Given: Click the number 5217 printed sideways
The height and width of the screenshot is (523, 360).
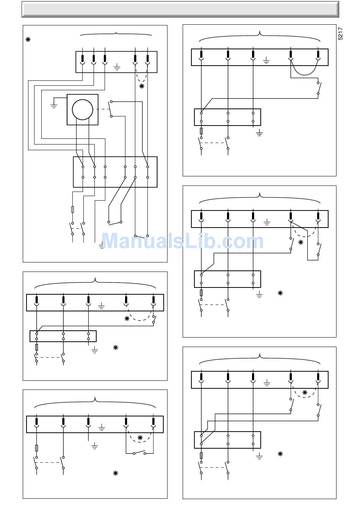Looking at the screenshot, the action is (x=341, y=33).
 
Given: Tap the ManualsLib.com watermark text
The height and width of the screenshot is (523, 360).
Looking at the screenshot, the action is (x=182, y=241).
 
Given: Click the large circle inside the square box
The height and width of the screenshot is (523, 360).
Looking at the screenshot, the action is (x=82, y=110).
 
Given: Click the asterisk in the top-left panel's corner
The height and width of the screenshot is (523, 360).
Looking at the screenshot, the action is (x=28, y=39).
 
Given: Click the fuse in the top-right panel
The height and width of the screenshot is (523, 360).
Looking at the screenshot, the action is (x=201, y=131).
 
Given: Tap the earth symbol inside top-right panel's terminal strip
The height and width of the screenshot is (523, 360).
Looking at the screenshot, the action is (x=266, y=60).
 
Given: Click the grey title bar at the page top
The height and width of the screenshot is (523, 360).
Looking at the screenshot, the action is (x=180, y=9).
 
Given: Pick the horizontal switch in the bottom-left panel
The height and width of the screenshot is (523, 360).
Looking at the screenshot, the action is (x=139, y=452).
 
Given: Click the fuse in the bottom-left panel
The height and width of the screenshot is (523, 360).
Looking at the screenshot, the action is (x=36, y=448).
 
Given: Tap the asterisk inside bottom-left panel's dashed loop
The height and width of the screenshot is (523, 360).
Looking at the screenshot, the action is (x=140, y=438).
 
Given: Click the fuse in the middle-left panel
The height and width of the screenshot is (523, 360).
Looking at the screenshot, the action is (x=36, y=347).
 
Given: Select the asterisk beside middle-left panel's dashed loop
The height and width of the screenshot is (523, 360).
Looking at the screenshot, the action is (x=127, y=319).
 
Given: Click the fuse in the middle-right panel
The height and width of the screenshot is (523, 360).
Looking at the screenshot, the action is (x=201, y=293).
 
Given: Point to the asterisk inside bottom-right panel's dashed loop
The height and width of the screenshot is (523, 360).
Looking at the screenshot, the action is (x=305, y=393).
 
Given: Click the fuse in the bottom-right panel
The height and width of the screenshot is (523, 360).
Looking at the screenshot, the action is (x=201, y=455).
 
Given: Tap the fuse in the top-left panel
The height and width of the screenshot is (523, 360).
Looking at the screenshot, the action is (x=72, y=209).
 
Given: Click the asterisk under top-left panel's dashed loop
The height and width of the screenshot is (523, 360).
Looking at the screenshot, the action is (x=142, y=86).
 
